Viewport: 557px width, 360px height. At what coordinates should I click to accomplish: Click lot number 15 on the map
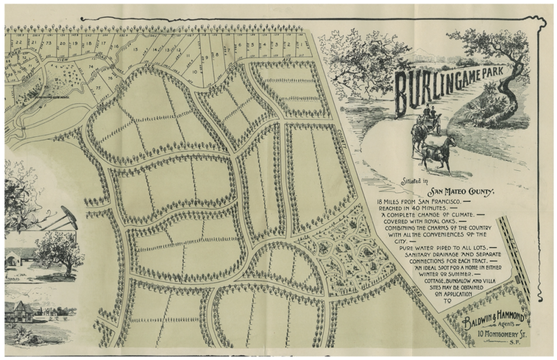pos(135,50)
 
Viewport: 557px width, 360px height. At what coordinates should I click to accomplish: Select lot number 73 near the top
pos(48,42)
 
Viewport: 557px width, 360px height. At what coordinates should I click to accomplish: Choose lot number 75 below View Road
pos(98,87)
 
